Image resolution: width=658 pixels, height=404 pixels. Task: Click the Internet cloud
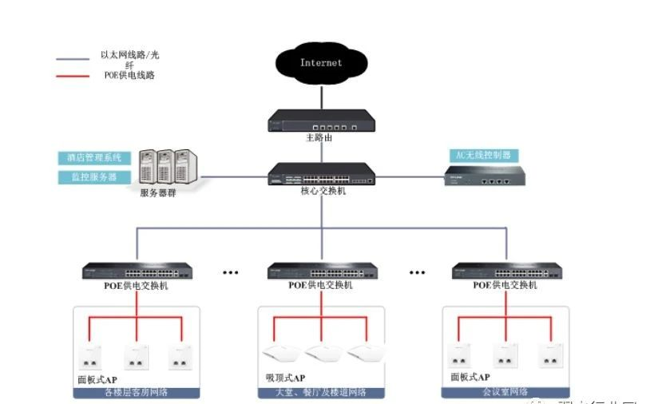320,63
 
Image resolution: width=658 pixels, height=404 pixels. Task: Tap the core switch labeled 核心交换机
323,174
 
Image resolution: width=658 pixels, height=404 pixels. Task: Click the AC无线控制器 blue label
482,155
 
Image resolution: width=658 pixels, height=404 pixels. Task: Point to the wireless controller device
482,178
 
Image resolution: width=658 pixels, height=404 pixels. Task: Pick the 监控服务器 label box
88,176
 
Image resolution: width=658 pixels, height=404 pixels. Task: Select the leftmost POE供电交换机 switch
136,271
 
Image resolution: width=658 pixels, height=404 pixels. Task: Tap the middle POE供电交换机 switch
322,271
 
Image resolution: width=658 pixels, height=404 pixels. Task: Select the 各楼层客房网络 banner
136,392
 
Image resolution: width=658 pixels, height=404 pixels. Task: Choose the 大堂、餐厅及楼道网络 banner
321,392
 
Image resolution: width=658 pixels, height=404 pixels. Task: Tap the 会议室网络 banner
505,392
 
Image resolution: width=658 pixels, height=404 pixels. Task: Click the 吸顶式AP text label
284,377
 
